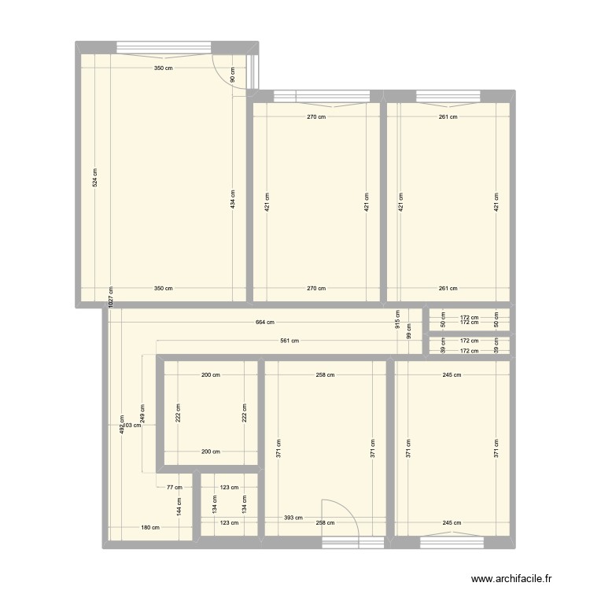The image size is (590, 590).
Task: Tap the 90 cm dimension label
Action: point(233,76)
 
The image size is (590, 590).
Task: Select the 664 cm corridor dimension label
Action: point(265,322)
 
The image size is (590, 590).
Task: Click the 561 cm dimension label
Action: point(289,341)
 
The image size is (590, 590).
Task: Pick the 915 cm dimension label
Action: point(397,318)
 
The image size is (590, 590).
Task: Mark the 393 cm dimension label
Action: point(292,518)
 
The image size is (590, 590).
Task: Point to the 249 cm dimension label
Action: point(142,414)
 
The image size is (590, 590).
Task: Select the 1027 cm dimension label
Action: point(109,298)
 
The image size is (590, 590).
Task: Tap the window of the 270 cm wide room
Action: point(322,97)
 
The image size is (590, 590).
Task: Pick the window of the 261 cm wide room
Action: point(448,97)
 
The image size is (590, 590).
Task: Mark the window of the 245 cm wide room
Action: point(452,541)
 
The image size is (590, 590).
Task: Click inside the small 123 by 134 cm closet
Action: point(229,507)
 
